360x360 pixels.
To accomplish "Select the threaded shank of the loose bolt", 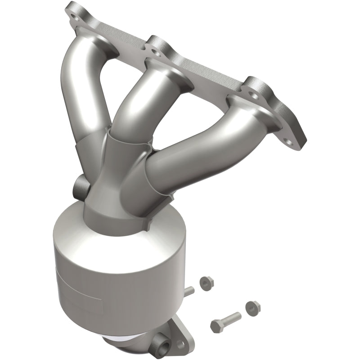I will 232,317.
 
